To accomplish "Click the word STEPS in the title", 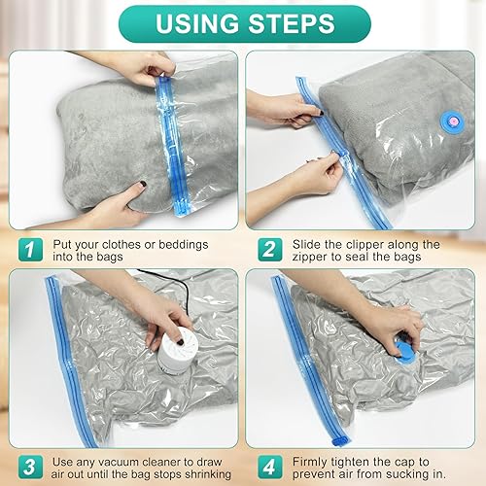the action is (292, 23).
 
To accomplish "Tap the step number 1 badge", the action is (30, 250).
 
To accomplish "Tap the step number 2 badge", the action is (270, 250).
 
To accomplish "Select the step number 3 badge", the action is (30, 467).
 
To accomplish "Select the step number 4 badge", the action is (270, 467).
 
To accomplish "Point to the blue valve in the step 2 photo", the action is (451, 121).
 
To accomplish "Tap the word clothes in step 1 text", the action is (121, 244).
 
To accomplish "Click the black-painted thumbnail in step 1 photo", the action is (142, 185).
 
